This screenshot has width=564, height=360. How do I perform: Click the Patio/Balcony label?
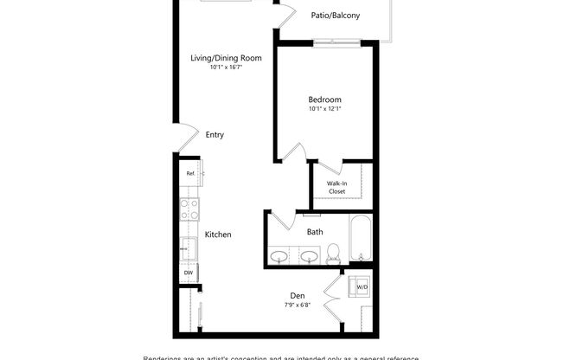coord(336,16)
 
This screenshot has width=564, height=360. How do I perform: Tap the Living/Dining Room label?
coord(226,58)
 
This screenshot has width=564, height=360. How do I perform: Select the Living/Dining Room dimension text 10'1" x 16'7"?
coord(226,68)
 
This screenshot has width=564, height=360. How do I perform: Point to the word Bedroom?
coord(324,99)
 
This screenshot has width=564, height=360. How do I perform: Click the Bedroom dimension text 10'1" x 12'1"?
coord(324,109)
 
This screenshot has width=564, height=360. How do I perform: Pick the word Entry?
coord(215,134)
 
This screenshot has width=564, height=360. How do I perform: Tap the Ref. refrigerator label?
coord(190,173)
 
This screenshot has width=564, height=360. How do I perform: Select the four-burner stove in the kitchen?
coord(189,209)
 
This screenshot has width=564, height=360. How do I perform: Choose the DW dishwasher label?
coord(189,273)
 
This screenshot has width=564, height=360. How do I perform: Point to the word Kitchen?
coord(217,235)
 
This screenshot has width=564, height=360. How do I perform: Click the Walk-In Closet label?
coord(336,188)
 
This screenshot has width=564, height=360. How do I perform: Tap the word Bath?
coord(315,231)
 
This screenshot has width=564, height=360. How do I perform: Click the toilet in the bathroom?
coord(333,253)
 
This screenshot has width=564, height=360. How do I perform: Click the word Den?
coord(298,295)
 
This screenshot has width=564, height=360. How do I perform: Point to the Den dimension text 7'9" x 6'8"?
coord(298,305)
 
